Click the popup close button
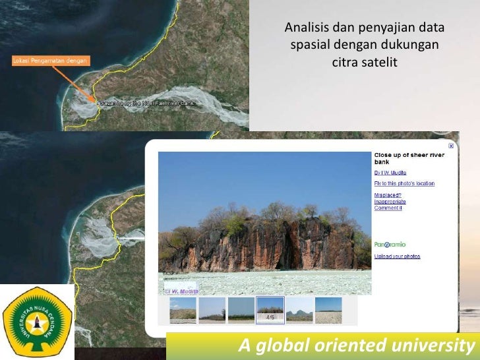(x=451, y=146)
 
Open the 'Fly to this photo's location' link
(x=404, y=183)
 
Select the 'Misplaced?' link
(x=388, y=195)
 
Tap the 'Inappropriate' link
(x=390, y=202)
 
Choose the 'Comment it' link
(x=388, y=208)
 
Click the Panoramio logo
(x=390, y=244)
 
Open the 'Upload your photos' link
(x=397, y=256)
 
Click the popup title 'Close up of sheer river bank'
(x=409, y=158)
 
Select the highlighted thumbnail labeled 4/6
(x=270, y=309)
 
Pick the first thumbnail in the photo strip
(x=183, y=309)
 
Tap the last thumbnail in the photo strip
(x=328, y=309)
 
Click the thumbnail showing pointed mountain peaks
(x=299, y=309)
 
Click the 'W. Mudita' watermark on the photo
(x=182, y=290)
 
